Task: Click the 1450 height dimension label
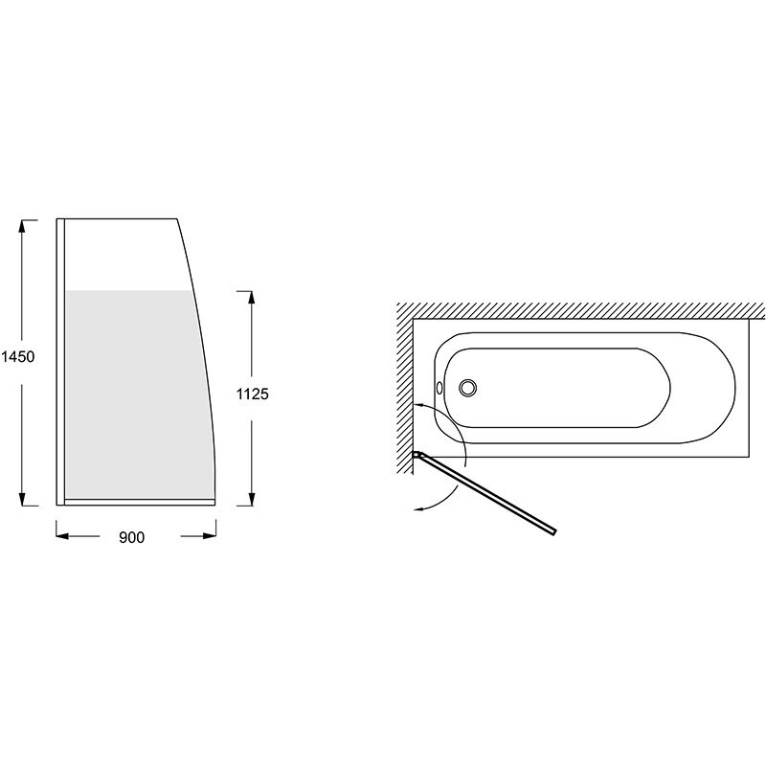(18, 357)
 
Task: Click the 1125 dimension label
(252, 394)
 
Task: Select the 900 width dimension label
(132, 537)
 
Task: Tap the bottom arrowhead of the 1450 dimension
(22, 498)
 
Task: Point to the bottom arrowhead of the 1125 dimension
(251, 498)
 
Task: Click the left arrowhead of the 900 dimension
(63, 536)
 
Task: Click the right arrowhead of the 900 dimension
(209, 536)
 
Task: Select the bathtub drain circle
(467, 388)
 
